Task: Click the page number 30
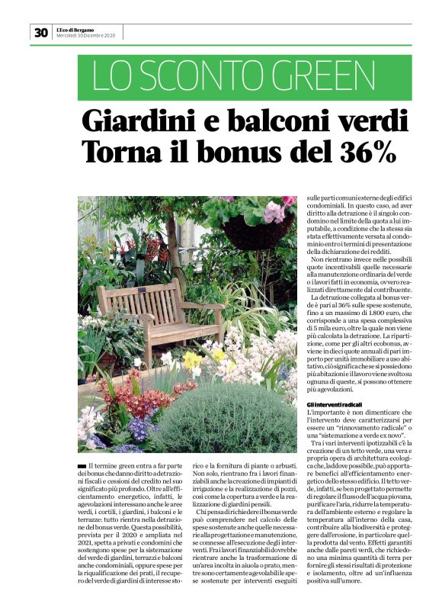click(x=40, y=32)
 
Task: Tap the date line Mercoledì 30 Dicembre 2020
click(x=85, y=36)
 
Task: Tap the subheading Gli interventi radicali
click(x=335, y=404)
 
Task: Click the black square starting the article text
click(x=82, y=465)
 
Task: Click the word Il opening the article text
click(x=93, y=465)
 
